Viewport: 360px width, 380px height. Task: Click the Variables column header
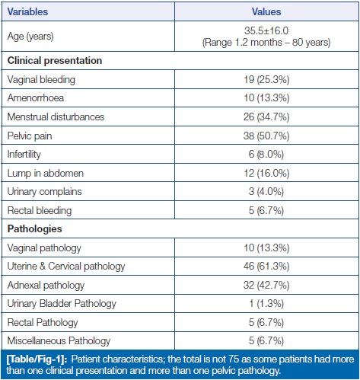click(x=27, y=11)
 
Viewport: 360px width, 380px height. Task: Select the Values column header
click(x=266, y=11)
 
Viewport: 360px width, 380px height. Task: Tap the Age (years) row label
click(x=30, y=37)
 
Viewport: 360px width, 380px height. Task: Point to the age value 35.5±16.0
click(x=266, y=30)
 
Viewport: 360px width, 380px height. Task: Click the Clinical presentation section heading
click(x=55, y=61)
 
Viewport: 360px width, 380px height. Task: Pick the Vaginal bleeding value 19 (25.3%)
click(x=266, y=80)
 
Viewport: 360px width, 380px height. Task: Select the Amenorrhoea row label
click(x=36, y=98)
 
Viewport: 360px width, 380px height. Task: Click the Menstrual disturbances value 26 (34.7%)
click(x=266, y=117)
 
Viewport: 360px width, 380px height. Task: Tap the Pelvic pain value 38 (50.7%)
click(x=266, y=136)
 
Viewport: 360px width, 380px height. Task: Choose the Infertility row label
click(x=24, y=155)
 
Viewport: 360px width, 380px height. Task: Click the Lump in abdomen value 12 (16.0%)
click(x=266, y=174)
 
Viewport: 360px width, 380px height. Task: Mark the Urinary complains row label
click(x=44, y=192)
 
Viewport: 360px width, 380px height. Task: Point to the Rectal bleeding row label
click(x=40, y=211)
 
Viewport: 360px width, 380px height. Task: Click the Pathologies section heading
click(x=34, y=229)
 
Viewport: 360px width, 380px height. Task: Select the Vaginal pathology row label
click(x=44, y=248)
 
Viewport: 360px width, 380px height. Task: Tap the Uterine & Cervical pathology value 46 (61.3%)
click(x=266, y=267)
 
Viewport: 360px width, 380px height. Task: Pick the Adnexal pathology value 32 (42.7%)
click(x=266, y=286)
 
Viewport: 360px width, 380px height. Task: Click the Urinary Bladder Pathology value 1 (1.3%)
click(x=266, y=304)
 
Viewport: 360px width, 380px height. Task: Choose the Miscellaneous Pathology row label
click(x=59, y=341)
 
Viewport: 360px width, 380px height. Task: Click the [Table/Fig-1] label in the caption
click(x=37, y=359)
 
